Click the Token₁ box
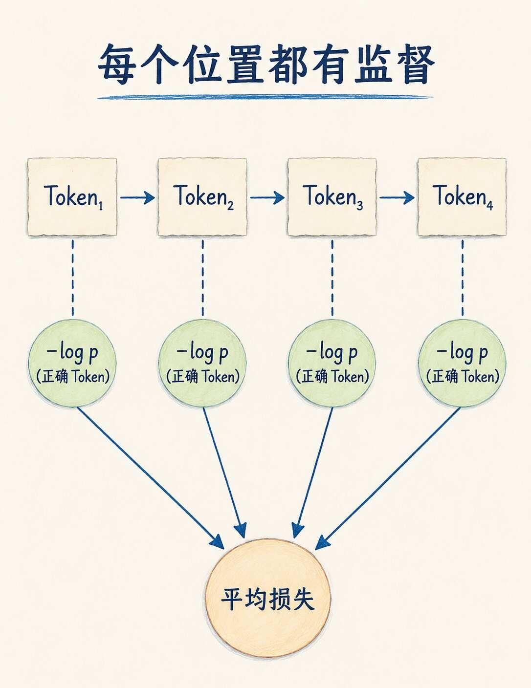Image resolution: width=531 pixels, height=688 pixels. coord(72,197)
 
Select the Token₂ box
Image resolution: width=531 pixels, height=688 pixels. coord(202,197)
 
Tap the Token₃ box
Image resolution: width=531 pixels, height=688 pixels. coord(332,197)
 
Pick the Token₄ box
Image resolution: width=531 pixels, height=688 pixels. coord(462,197)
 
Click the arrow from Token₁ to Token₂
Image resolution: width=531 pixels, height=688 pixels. coord(137,197)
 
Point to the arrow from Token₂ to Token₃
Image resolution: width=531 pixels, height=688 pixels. coord(267,197)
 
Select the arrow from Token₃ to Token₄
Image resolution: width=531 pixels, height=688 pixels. coord(397,197)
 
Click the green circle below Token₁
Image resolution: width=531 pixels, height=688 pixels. coord(72,364)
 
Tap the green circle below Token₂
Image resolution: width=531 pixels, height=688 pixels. coord(202,364)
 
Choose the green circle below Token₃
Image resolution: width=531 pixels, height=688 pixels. coord(332,364)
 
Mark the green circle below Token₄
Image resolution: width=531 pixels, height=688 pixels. coord(462,364)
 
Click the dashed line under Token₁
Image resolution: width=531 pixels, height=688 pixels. coord(73,278)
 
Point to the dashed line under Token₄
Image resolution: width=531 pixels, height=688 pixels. coord(463,278)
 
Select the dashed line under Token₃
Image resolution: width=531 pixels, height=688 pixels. coord(332,278)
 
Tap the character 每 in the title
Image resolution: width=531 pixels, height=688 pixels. coord(117,64)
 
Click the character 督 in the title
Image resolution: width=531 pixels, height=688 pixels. coord(415,64)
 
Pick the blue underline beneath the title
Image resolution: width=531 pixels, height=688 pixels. coord(265,97)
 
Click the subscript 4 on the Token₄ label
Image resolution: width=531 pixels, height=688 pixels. coord(489,206)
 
